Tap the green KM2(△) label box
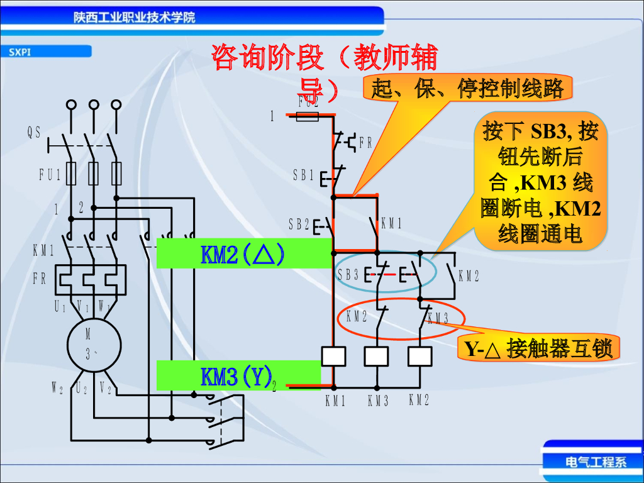pos(243,253)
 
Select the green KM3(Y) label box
pos(238,376)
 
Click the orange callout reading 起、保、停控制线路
pos(467,89)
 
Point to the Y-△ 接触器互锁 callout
pos(538,348)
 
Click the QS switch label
pos(34,132)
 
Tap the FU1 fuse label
pos(50,175)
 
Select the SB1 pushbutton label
pos(303,175)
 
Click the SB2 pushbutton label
pos(299,223)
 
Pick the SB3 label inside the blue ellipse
pos(348,275)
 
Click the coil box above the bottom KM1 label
pos(333,357)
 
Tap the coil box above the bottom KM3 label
pos(377,357)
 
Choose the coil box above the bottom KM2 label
pos(419,357)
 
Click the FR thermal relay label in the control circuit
pos(365,144)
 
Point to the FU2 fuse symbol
pos(308,116)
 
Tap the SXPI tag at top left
pos(21,52)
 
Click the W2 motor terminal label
pos(57,389)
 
